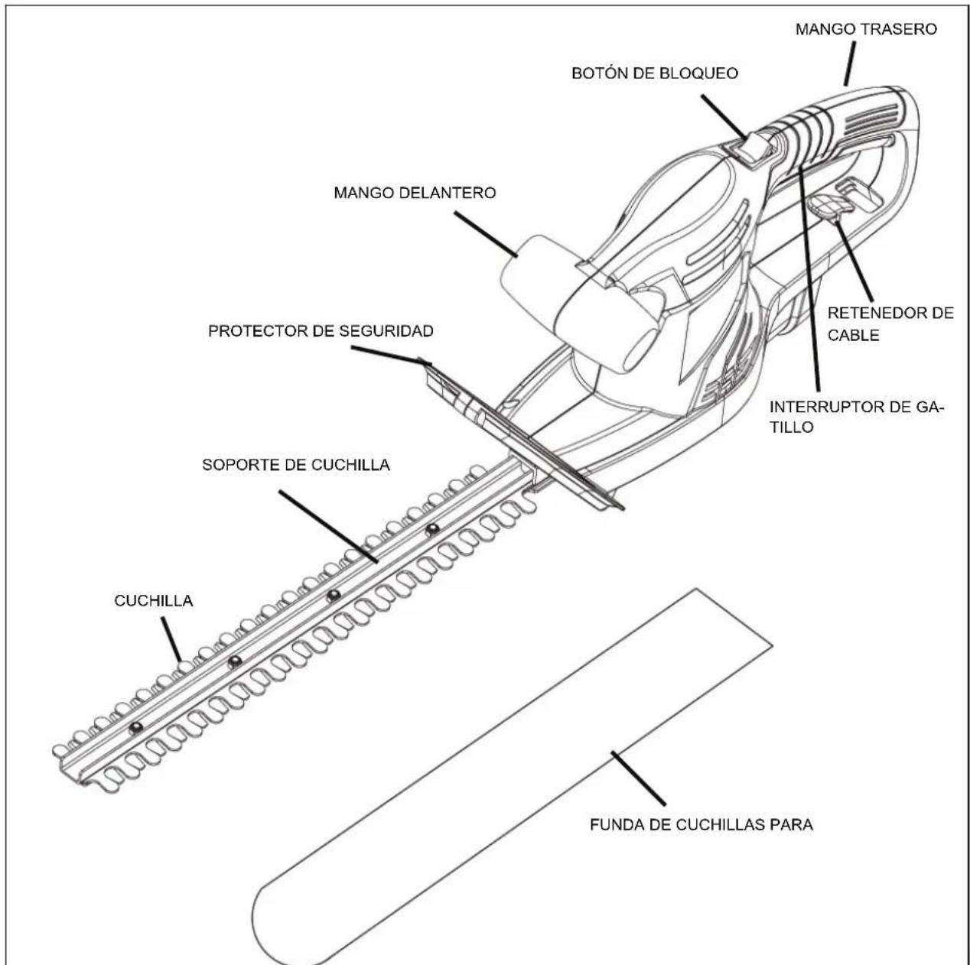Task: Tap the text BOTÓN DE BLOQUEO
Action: [654, 73]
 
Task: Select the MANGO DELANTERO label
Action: [415, 193]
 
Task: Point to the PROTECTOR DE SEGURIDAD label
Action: [321, 331]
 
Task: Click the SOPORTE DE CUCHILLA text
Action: [296, 465]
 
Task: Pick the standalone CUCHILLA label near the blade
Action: [154, 600]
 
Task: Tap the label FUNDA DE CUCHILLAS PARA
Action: [701, 825]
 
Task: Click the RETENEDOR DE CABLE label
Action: [890, 323]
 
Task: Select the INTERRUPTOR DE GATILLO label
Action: [857, 417]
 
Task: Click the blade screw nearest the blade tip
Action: [136, 727]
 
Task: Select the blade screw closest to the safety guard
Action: [432, 529]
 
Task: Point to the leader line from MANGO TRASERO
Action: [850, 64]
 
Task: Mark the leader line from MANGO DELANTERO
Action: [487, 234]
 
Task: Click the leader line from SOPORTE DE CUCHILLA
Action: [328, 527]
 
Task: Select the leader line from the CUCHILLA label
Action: [171, 640]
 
